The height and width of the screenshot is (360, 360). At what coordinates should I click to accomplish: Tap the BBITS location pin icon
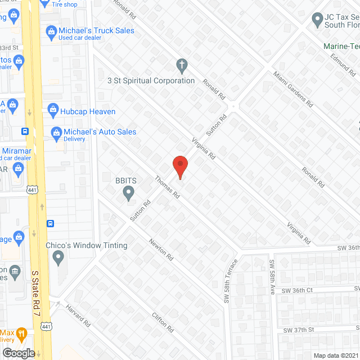[129, 194]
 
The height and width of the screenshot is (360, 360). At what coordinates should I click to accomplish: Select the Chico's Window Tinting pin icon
[57, 258]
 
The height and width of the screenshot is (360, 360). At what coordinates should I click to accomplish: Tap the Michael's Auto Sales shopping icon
[56, 133]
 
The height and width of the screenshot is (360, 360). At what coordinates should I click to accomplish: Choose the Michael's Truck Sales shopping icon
[51, 31]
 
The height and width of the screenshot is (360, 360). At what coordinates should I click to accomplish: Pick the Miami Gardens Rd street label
[292, 89]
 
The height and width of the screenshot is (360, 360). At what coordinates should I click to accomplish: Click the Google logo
[19, 353]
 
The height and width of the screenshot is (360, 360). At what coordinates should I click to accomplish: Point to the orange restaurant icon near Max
[21, 333]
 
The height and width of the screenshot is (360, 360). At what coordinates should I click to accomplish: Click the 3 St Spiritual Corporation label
[151, 80]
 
